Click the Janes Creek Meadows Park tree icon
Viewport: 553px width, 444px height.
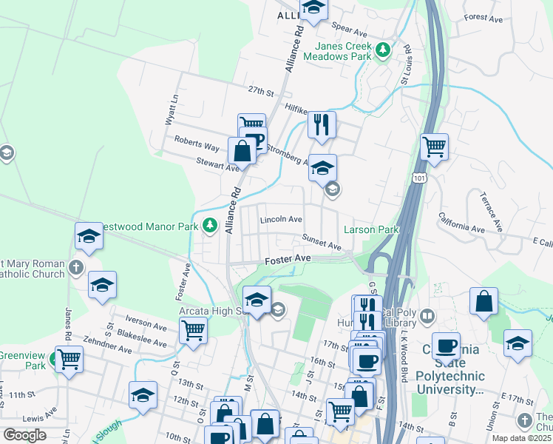[x=382, y=50]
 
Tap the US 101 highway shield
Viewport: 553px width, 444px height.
[x=420, y=178]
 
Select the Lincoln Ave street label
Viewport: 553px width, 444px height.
[x=281, y=220]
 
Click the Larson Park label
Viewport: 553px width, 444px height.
[x=370, y=230]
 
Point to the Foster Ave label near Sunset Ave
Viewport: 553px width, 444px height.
[x=288, y=259]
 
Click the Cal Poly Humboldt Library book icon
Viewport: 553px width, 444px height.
[x=427, y=317]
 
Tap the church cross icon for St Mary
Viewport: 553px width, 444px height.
[x=75, y=266]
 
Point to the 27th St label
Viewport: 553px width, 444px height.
[x=261, y=91]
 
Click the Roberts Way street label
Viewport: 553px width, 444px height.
[x=197, y=143]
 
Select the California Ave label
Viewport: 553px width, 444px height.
[x=461, y=223]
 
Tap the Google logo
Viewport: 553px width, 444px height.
[x=24, y=434]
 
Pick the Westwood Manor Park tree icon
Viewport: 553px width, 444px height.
[x=211, y=224]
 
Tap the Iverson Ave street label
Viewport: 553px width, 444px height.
[x=146, y=323]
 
